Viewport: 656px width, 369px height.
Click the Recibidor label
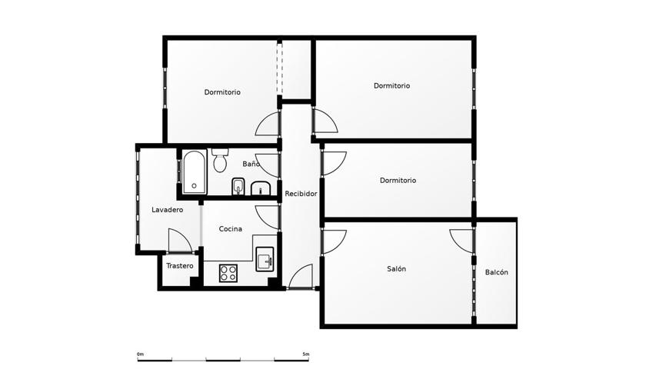pos(301,194)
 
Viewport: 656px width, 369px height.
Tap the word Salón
pos(396,268)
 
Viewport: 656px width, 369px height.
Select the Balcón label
pos(497,272)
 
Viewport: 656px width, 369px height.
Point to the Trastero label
pos(180,266)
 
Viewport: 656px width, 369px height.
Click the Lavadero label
pos(168,210)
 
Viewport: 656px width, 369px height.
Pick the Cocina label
pos(231,229)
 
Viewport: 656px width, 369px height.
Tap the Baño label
pos(251,164)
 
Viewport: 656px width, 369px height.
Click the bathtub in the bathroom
pos(194,172)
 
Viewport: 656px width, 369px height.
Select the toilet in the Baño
pos(220,160)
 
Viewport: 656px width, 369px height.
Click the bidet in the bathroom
pos(238,187)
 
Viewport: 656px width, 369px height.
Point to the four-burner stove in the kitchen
pos(228,273)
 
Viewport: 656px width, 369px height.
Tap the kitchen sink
pos(265,259)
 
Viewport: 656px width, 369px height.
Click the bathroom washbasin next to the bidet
pos(261,188)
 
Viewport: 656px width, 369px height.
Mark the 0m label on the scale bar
pos(140,354)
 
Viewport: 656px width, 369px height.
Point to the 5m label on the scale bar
pos(306,354)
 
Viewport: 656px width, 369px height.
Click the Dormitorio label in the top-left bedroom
pos(222,92)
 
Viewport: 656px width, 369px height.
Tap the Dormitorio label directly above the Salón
pos(398,181)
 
